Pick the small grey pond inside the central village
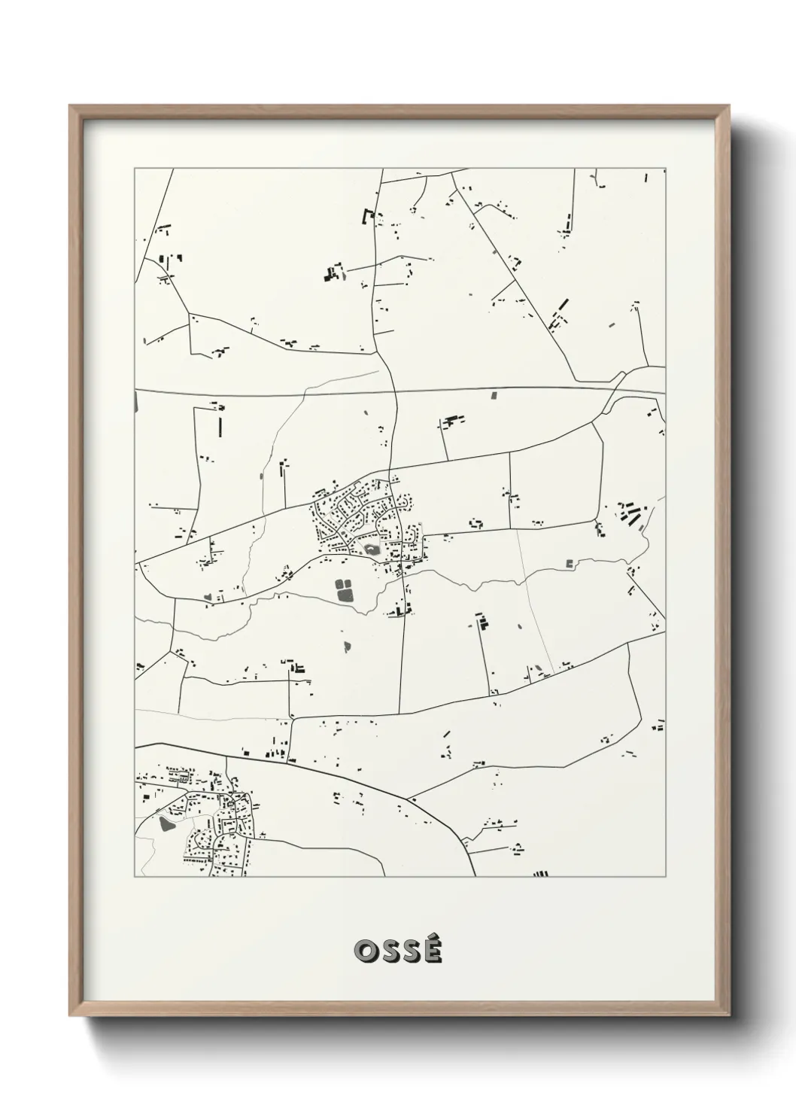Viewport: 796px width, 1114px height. tap(371, 550)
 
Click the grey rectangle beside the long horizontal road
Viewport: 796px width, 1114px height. tap(494, 394)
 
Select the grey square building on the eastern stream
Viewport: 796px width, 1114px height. tap(569, 562)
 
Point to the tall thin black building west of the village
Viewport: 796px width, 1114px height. tap(220, 425)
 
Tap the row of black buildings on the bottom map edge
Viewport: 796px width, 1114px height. tap(539, 874)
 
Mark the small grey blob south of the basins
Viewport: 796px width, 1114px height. tap(347, 645)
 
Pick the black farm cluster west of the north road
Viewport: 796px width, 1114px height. tap(333, 272)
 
